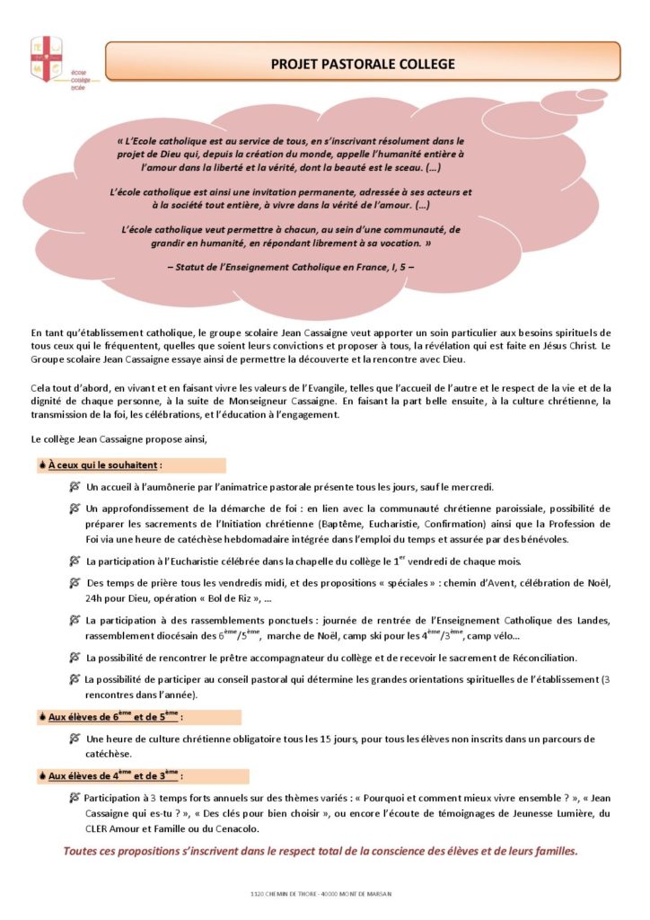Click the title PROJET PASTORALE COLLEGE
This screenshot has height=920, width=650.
pos(363,64)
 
